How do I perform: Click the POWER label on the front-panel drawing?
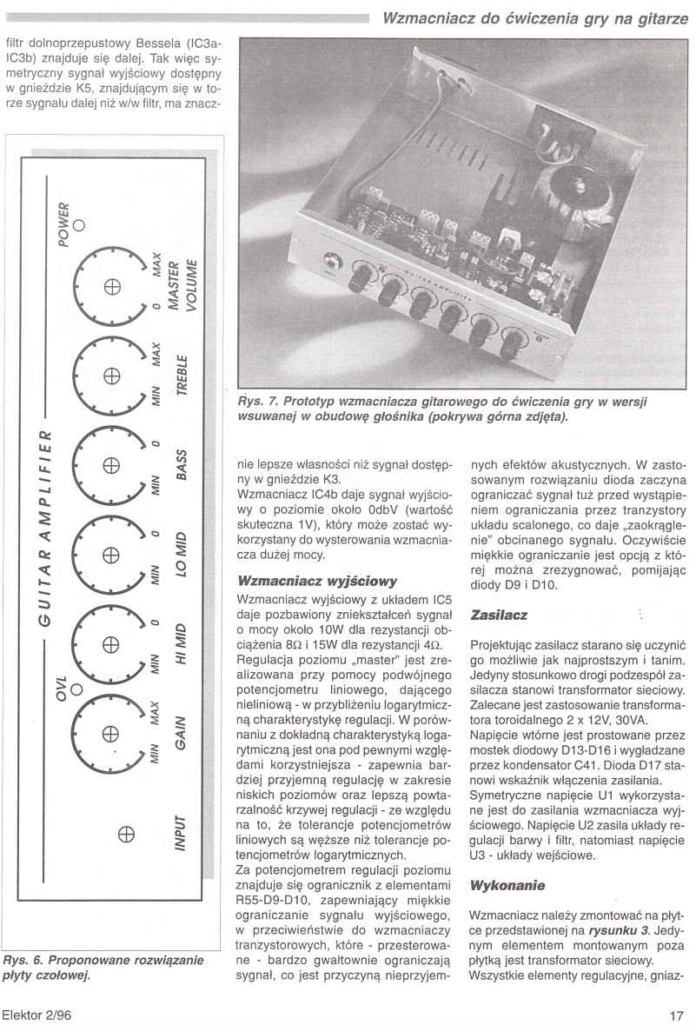63,223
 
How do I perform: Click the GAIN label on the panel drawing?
182,734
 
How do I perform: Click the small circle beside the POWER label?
79,223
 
